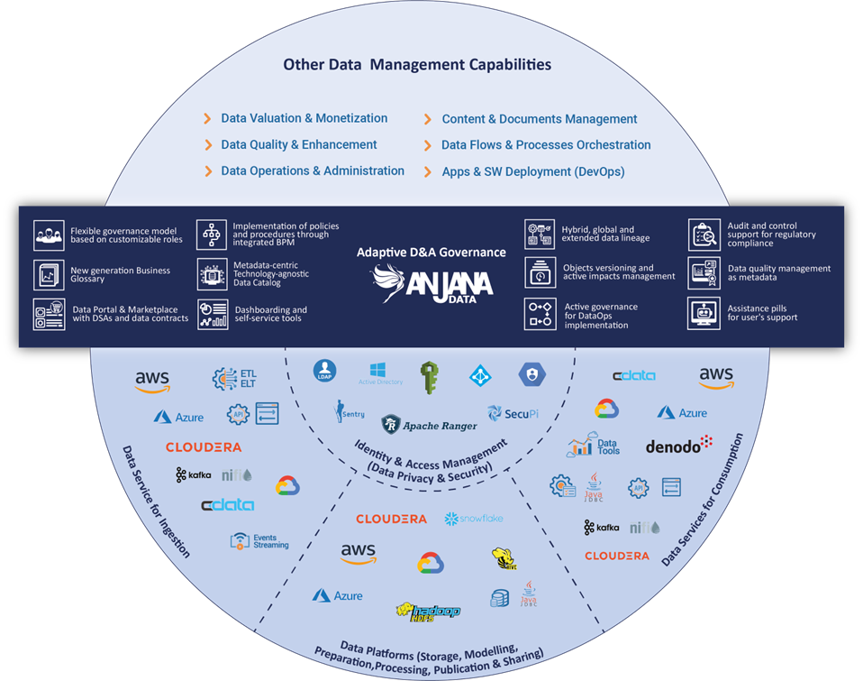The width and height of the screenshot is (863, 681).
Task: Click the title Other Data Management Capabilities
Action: [x=417, y=65]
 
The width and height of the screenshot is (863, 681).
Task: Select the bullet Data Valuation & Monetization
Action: [x=304, y=118]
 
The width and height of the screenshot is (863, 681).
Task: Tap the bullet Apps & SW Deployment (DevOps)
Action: [x=532, y=171]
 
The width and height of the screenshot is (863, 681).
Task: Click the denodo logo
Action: [x=678, y=445]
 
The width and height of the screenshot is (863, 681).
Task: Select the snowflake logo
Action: [x=474, y=519]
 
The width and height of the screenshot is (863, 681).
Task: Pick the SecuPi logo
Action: [x=513, y=414]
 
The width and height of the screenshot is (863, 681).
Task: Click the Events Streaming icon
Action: [x=239, y=541]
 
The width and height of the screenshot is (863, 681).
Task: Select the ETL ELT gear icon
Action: [x=223, y=380]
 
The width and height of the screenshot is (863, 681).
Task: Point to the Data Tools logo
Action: [x=595, y=446]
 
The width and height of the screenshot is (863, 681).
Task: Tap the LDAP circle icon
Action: [x=324, y=372]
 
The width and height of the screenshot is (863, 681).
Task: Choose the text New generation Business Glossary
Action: [x=120, y=274]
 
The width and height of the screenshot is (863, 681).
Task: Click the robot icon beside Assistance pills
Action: [x=704, y=313]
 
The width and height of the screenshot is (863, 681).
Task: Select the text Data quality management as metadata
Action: [x=779, y=273]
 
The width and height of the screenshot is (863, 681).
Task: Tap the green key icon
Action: [x=430, y=377]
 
